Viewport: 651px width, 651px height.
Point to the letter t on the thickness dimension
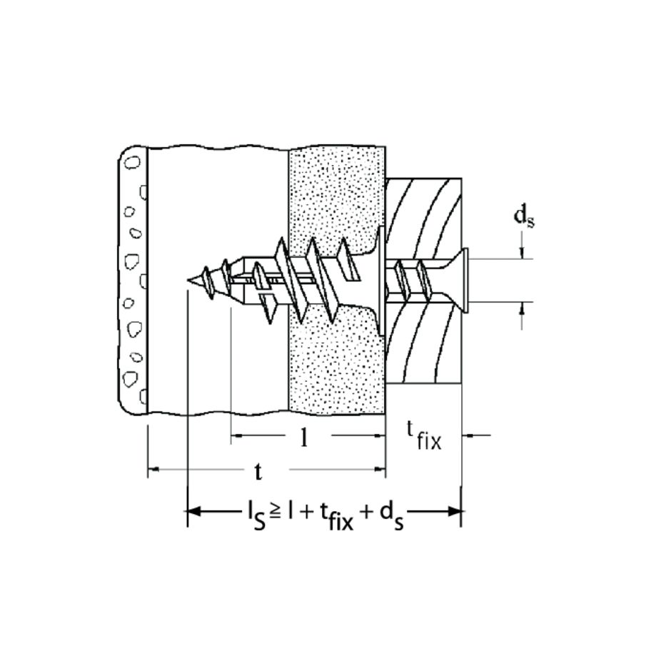point(259,471)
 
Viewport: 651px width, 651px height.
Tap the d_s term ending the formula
point(390,515)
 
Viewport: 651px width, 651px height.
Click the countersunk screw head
point(462,280)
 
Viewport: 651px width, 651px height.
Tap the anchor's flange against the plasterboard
point(382,280)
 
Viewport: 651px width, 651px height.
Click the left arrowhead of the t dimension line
point(153,470)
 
